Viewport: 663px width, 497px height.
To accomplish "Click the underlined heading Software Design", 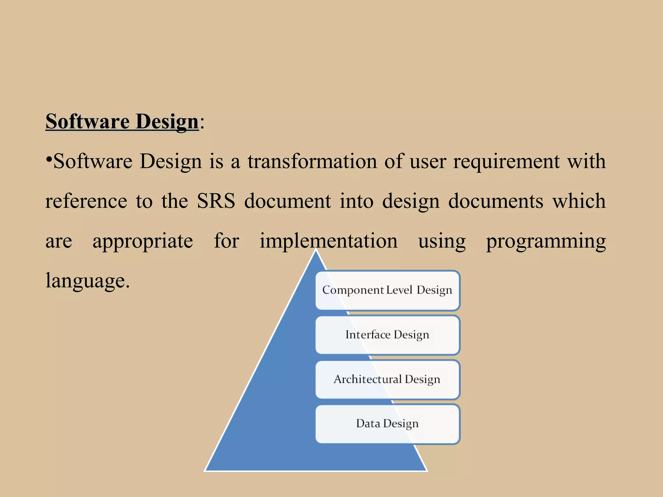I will [122, 122].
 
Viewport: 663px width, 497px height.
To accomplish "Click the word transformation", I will [312, 161].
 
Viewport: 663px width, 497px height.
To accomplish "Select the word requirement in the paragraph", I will [506, 162].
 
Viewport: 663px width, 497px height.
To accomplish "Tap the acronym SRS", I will [216, 201].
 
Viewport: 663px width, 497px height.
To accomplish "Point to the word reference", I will [86, 201].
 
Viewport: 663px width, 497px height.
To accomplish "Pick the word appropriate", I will [143, 241].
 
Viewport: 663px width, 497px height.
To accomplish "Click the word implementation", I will [329, 241].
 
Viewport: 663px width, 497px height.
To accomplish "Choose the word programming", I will [546, 241].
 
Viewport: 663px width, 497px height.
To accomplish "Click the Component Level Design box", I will [388, 290].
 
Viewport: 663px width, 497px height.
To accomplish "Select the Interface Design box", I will [388, 335].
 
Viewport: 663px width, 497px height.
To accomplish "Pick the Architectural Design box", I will [388, 379].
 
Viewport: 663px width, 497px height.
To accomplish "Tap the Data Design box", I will [388, 424].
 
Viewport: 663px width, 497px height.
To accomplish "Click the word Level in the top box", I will [399, 290].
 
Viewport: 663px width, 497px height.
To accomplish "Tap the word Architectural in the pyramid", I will [367, 379].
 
